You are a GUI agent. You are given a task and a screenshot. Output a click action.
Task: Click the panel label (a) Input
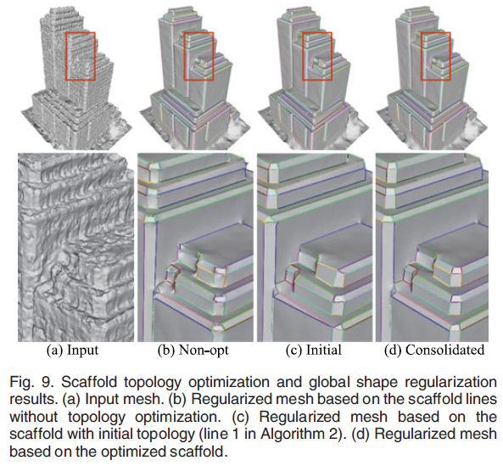coord(72,350)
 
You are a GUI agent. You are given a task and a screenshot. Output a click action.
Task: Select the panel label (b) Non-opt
coord(193,350)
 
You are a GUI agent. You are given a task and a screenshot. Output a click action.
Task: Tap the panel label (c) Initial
coord(313,350)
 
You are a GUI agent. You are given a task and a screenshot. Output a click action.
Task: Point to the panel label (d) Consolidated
coord(434,350)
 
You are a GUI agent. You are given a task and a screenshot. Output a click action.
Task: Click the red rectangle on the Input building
coord(65,56)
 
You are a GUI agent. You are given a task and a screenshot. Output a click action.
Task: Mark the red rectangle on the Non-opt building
coord(184,56)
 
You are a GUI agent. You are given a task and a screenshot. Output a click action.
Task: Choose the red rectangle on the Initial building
coord(303,56)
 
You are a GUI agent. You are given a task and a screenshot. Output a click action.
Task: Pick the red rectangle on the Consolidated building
coord(422,56)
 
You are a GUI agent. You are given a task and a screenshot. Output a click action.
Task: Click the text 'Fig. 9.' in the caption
coord(31,382)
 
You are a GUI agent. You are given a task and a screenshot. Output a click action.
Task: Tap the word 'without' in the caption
coord(34,417)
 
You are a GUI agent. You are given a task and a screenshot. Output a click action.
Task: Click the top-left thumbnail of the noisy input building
coord(75,77)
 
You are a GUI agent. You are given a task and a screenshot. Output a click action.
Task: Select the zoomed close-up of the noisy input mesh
coord(75,248)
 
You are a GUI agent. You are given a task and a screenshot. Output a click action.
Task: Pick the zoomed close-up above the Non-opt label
coord(195,248)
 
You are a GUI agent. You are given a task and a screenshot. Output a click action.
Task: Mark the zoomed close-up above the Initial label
coord(315,248)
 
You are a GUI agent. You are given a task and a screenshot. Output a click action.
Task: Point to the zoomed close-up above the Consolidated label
coord(432,248)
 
